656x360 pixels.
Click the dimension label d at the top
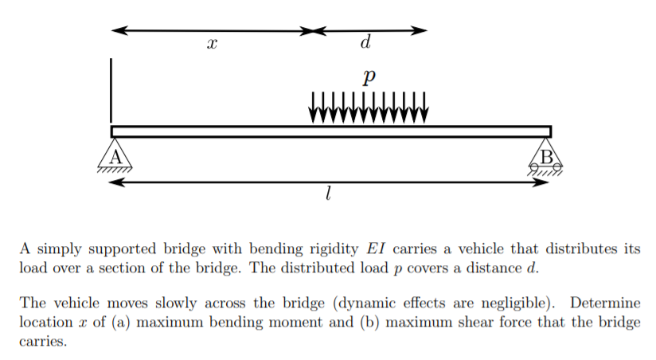point(366,40)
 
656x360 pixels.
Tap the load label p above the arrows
point(366,77)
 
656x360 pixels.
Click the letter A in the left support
point(115,156)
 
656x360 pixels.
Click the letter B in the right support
point(546,156)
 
